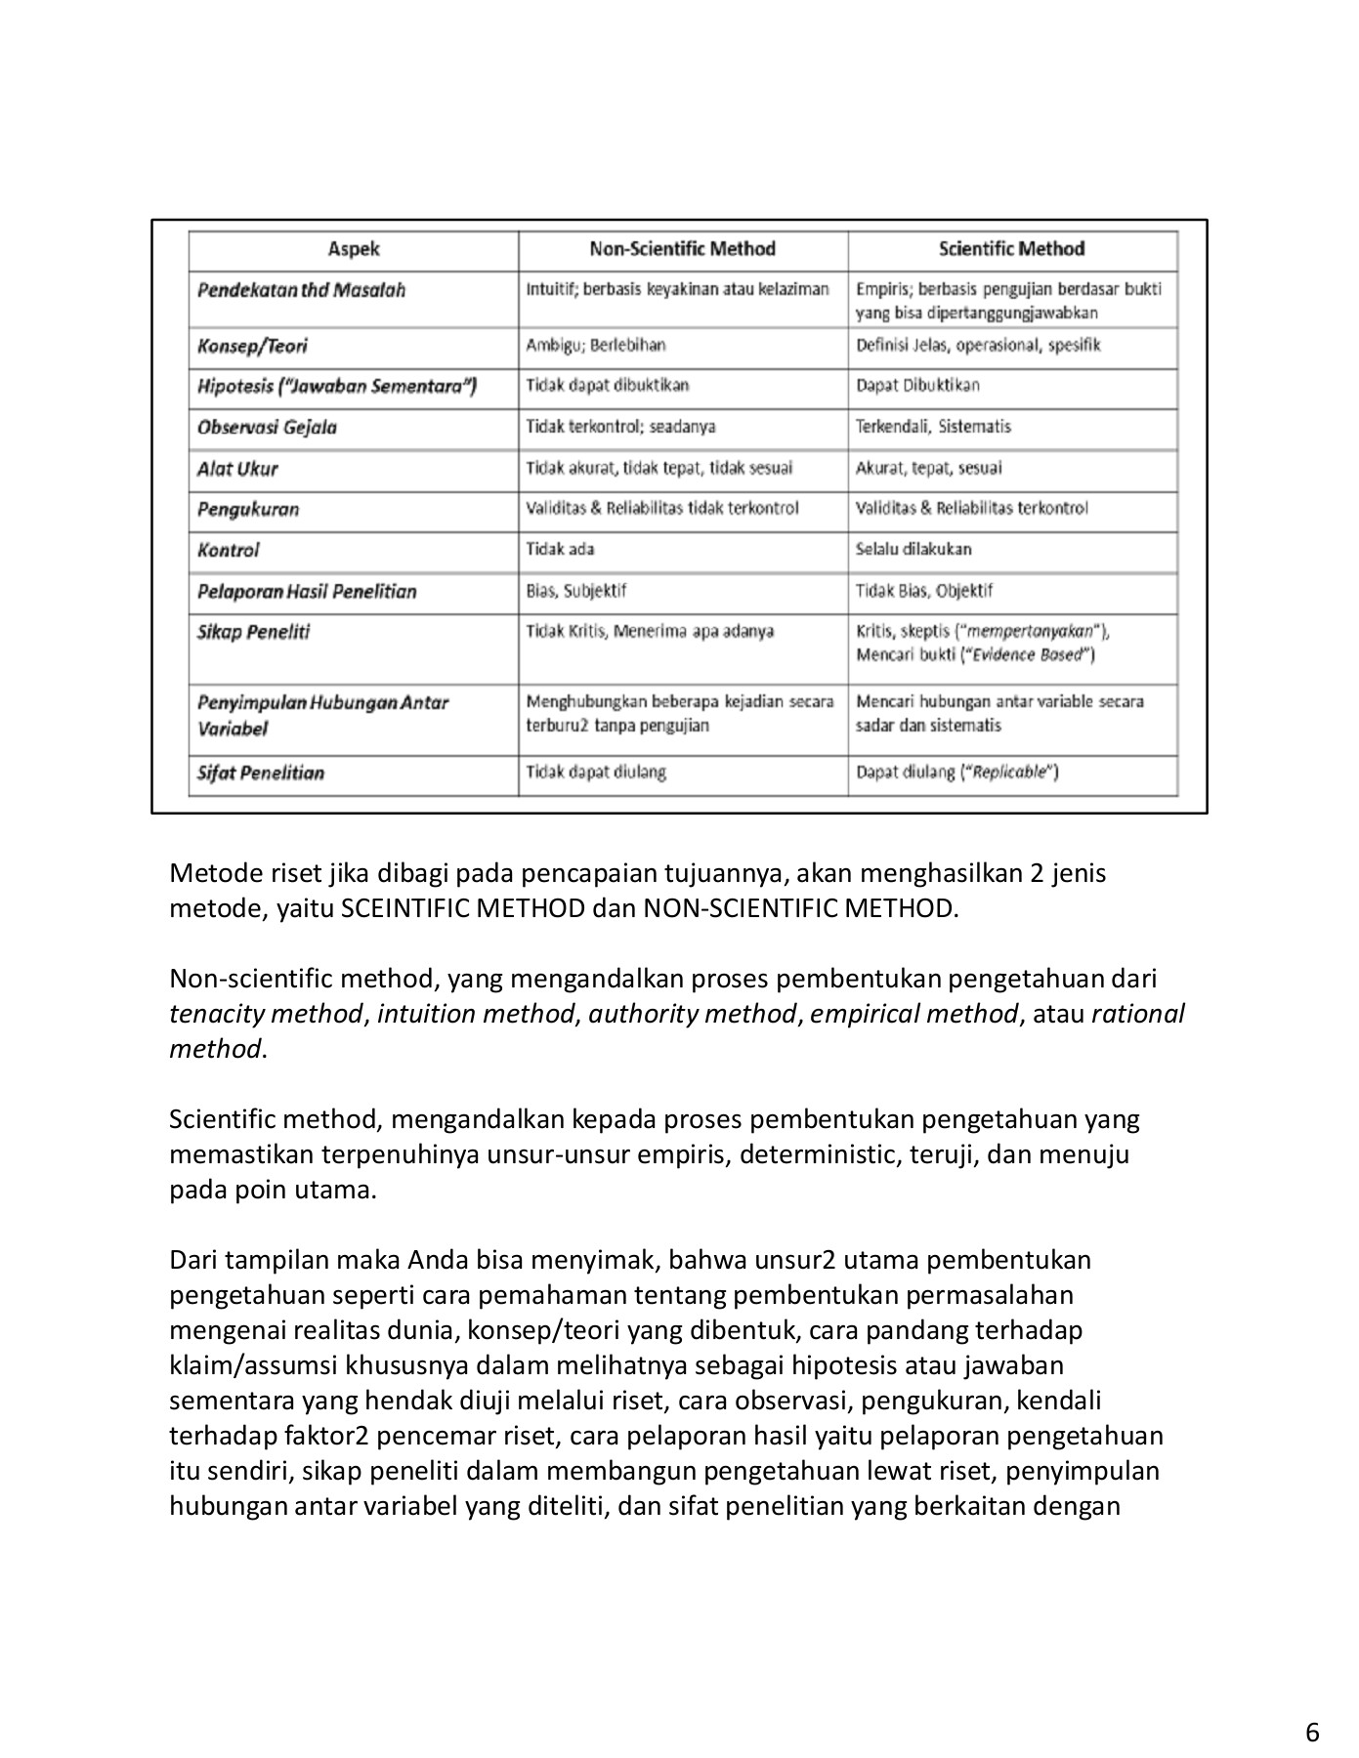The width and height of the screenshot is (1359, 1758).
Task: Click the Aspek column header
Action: click(353, 249)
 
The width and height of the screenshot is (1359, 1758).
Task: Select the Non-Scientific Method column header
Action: click(682, 249)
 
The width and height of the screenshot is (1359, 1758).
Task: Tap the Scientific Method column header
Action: click(1011, 249)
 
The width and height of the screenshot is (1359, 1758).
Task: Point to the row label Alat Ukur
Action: click(237, 469)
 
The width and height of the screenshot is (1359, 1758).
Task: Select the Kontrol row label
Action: click(229, 551)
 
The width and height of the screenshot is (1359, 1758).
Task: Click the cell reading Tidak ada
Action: click(560, 549)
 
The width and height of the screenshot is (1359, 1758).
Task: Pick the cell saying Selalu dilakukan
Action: click(913, 549)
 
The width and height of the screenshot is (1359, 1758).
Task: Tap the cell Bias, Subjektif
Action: click(575, 591)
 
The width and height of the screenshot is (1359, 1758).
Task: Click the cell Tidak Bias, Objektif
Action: click(923, 591)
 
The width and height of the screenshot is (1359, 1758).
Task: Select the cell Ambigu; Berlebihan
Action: click(595, 346)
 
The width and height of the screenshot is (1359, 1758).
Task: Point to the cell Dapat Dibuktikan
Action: click(917, 386)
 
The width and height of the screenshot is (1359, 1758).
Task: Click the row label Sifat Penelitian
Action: click(260, 774)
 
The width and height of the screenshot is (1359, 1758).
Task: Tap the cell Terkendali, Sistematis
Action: click(933, 427)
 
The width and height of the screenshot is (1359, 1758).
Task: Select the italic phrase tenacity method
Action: click(265, 1014)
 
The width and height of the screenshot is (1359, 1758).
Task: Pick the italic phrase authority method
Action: click(692, 1014)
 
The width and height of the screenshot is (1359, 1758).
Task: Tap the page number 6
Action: click(1312, 1705)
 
